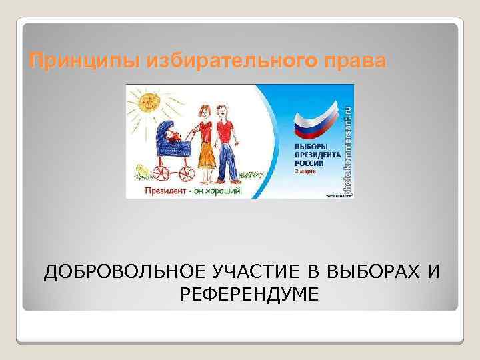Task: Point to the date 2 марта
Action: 306,171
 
